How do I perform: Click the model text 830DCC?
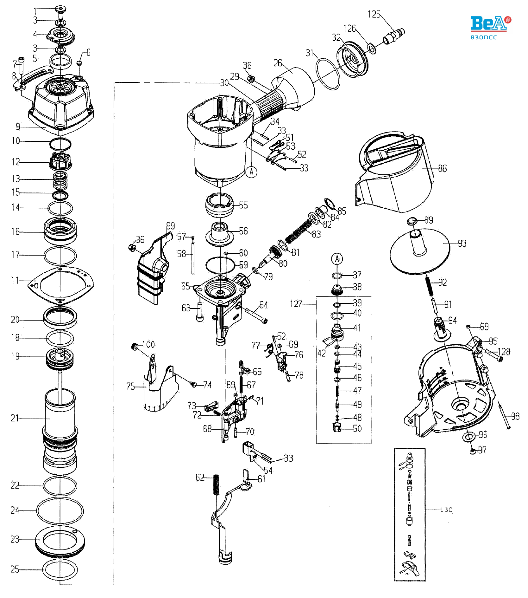[x=484, y=37]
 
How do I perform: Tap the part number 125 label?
[x=374, y=14]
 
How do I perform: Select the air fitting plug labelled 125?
[x=394, y=36]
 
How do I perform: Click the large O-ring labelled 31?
[x=328, y=74]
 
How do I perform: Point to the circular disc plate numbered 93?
[x=420, y=250]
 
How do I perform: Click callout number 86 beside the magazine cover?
[x=443, y=168]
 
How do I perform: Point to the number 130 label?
[x=446, y=510]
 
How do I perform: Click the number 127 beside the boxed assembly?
[x=296, y=304]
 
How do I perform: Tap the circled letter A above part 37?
[x=337, y=259]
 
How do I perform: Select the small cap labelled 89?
[x=412, y=221]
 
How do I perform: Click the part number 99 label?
[x=171, y=226]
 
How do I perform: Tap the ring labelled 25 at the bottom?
[x=60, y=569]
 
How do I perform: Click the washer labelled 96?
[x=469, y=437]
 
